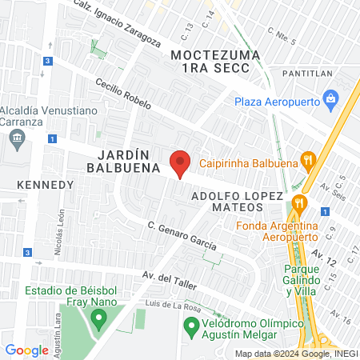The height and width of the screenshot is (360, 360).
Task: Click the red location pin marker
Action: (181, 162)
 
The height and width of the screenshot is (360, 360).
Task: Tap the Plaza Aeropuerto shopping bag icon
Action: (330, 100)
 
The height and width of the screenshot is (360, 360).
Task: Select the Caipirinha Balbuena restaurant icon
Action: (306, 160)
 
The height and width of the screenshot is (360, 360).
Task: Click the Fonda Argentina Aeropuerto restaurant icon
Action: (299, 202)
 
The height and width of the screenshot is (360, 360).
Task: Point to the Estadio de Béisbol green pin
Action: (99, 320)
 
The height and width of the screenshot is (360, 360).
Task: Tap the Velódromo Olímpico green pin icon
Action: (191, 327)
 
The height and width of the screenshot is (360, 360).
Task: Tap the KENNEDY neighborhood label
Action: (45, 185)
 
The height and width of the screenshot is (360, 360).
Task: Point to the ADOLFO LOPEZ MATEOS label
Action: (237, 202)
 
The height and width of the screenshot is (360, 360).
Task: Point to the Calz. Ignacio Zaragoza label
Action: (117, 22)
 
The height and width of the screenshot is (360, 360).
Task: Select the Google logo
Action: (26, 350)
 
